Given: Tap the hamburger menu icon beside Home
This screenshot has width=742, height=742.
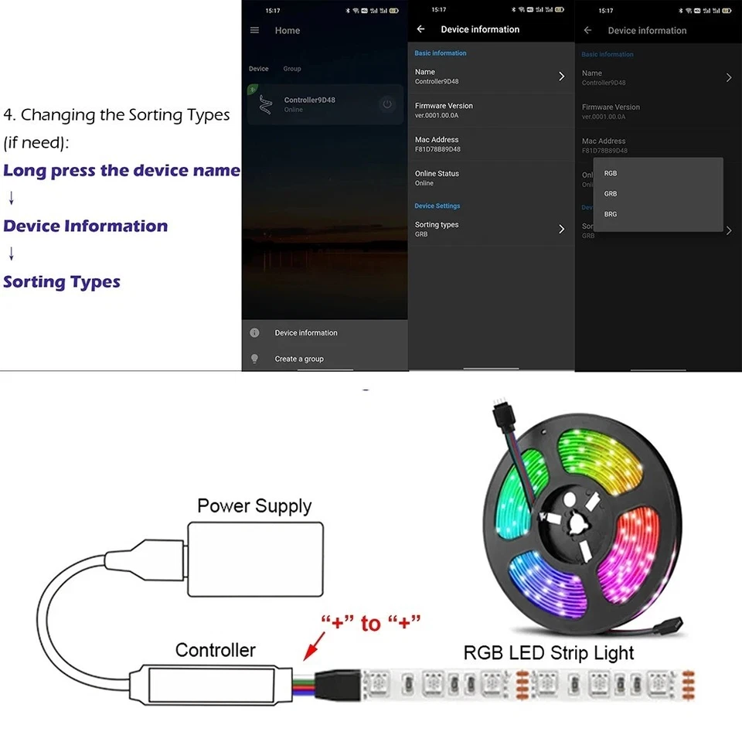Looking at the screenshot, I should click(255, 30).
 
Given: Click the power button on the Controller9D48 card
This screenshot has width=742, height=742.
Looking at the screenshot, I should click(386, 104).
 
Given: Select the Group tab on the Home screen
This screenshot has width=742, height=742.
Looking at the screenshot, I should click(291, 69).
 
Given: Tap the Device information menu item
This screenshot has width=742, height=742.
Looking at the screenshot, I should click(306, 332).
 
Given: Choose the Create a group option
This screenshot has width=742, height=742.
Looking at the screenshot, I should click(299, 359).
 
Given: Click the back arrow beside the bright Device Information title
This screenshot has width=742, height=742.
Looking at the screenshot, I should click(421, 29).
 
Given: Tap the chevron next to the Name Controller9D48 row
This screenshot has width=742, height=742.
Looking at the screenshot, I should click(562, 76).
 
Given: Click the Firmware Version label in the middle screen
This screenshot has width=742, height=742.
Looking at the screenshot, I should click(444, 106).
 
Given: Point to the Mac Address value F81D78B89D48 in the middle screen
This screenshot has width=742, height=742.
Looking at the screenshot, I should click(437, 149).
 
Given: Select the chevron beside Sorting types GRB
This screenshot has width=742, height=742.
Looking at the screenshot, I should click(562, 229).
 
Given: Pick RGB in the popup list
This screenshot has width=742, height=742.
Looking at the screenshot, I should click(611, 173).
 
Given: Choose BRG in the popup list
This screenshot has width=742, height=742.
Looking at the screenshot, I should click(611, 214).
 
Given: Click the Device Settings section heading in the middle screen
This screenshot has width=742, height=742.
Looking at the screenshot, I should click(437, 206).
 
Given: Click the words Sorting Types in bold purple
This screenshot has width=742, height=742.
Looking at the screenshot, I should click(62, 281).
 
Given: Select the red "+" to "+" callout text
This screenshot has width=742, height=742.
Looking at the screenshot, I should click(371, 621).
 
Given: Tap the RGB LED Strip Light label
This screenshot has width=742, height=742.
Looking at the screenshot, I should click(549, 652).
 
